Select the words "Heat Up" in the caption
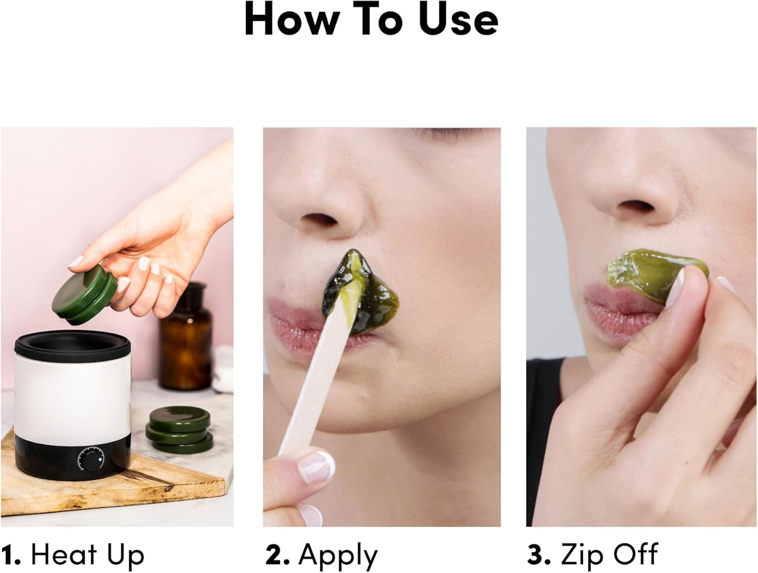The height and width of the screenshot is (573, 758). [87, 555]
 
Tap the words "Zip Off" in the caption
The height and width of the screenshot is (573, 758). [609, 555]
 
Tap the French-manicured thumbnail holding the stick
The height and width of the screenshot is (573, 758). [316, 465]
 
